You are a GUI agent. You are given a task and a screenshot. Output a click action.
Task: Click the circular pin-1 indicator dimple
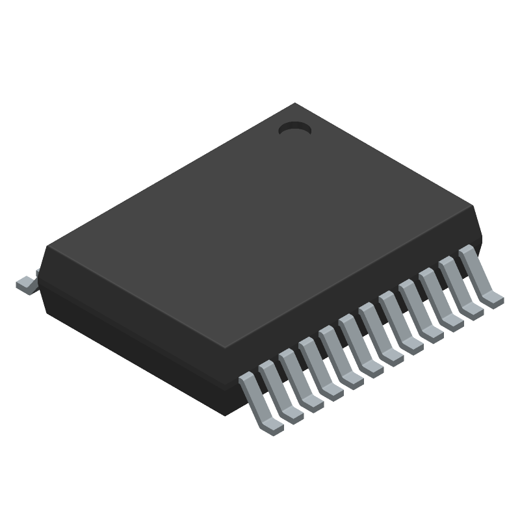(295, 129)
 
